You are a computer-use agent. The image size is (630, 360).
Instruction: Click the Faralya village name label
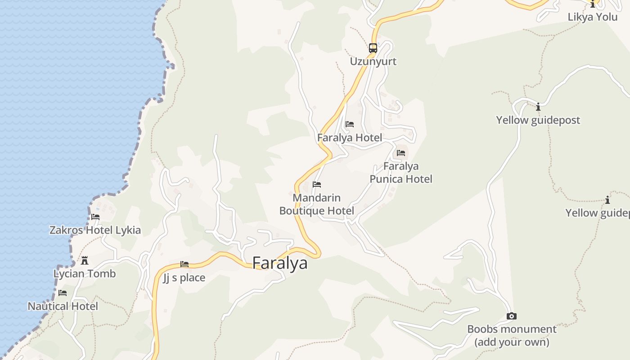(280, 263)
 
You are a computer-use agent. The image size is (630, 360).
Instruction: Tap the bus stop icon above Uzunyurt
(373, 48)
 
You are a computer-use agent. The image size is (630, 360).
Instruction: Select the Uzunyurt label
(373, 61)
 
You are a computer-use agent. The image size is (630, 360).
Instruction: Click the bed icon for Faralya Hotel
(350, 124)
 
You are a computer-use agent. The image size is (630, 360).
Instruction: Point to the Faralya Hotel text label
(350, 138)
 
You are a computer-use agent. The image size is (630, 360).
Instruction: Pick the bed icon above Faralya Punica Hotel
(401, 153)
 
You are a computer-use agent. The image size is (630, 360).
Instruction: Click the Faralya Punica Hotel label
(401, 173)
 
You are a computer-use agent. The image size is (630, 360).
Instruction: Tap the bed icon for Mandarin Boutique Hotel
(317, 184)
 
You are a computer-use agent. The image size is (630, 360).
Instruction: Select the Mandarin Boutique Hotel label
(317, 204)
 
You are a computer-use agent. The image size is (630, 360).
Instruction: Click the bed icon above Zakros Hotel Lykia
(95, 217)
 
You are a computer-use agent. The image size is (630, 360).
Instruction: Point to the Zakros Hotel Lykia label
(95, 230)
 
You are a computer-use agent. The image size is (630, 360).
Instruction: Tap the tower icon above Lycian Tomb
(85, 261)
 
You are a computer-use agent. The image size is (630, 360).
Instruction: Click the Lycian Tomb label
(85, 274)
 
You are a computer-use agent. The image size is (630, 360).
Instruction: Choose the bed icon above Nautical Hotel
(63, 293)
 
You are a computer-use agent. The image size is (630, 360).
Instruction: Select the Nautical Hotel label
(63, 306)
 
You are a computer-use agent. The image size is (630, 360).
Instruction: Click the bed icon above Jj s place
(184, 264)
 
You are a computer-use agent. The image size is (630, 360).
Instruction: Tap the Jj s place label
(184, 278)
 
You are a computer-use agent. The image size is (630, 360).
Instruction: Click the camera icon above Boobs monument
(512, 316)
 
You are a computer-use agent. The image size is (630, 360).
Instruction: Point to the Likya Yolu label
(593, 17)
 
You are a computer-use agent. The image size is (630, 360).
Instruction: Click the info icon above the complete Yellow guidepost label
(538, 107)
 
